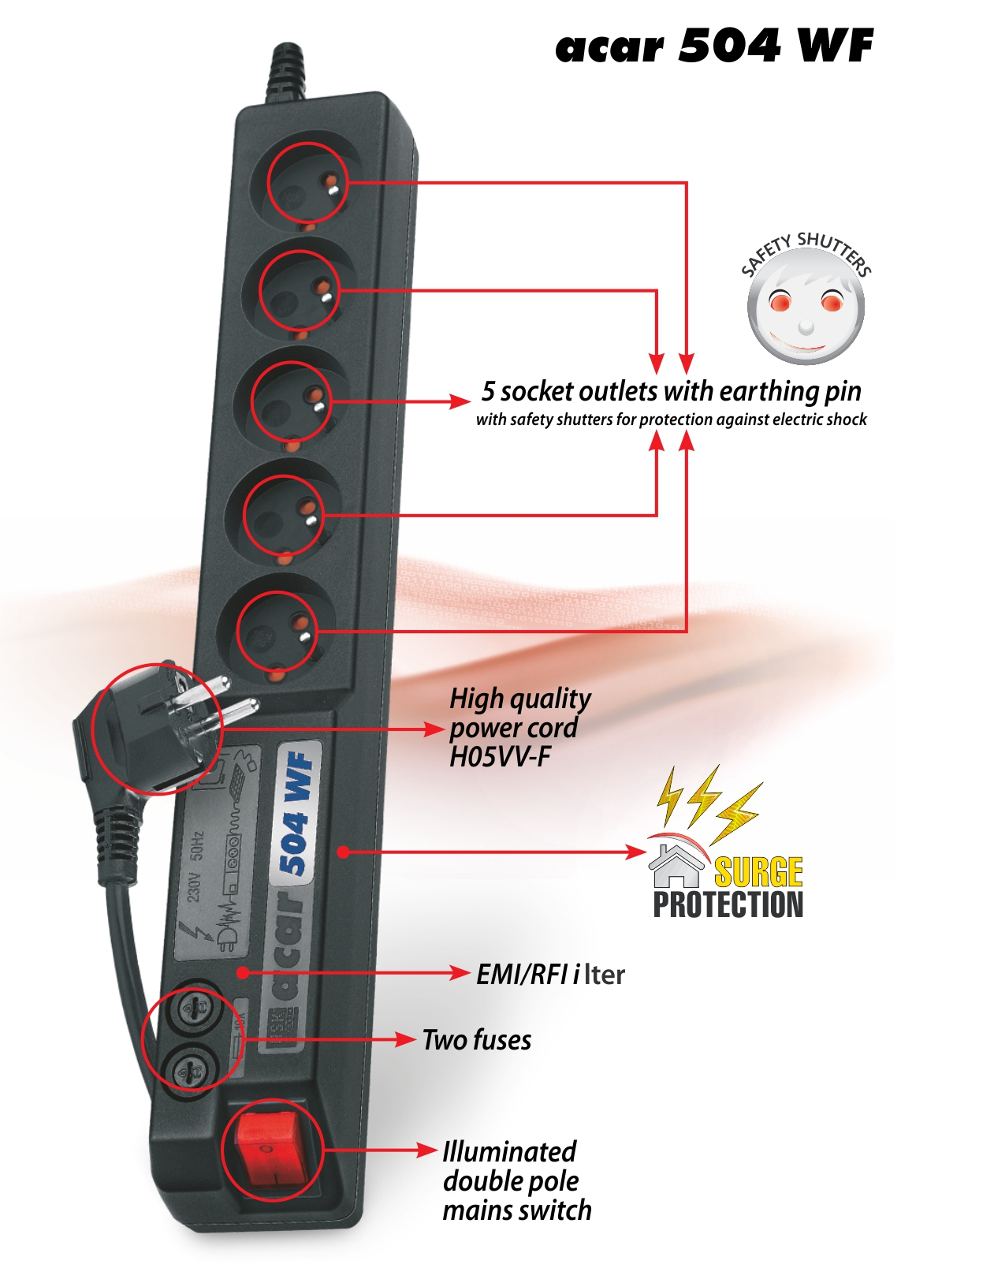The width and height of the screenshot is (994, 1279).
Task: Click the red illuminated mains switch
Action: click(x=270, y=1147)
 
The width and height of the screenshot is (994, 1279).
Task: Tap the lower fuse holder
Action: click(x=192, y=1069)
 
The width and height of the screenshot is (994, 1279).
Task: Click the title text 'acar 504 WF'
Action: click(x=714, y=46)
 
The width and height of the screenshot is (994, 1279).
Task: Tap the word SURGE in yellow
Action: click(x=758, y=872)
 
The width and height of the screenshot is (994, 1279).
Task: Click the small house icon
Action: click(x=676, y=865)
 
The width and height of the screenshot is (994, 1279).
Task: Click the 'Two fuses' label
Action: click(x=477, y=1040)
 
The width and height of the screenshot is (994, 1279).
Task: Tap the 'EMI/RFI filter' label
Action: click(x=550, y=975)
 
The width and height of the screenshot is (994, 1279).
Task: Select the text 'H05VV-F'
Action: click(x=500, y=757)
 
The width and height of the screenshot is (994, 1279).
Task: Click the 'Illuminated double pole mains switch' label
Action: click(x=516, y=1180)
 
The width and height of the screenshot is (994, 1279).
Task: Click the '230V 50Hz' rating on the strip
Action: click(x=195, y=865)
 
